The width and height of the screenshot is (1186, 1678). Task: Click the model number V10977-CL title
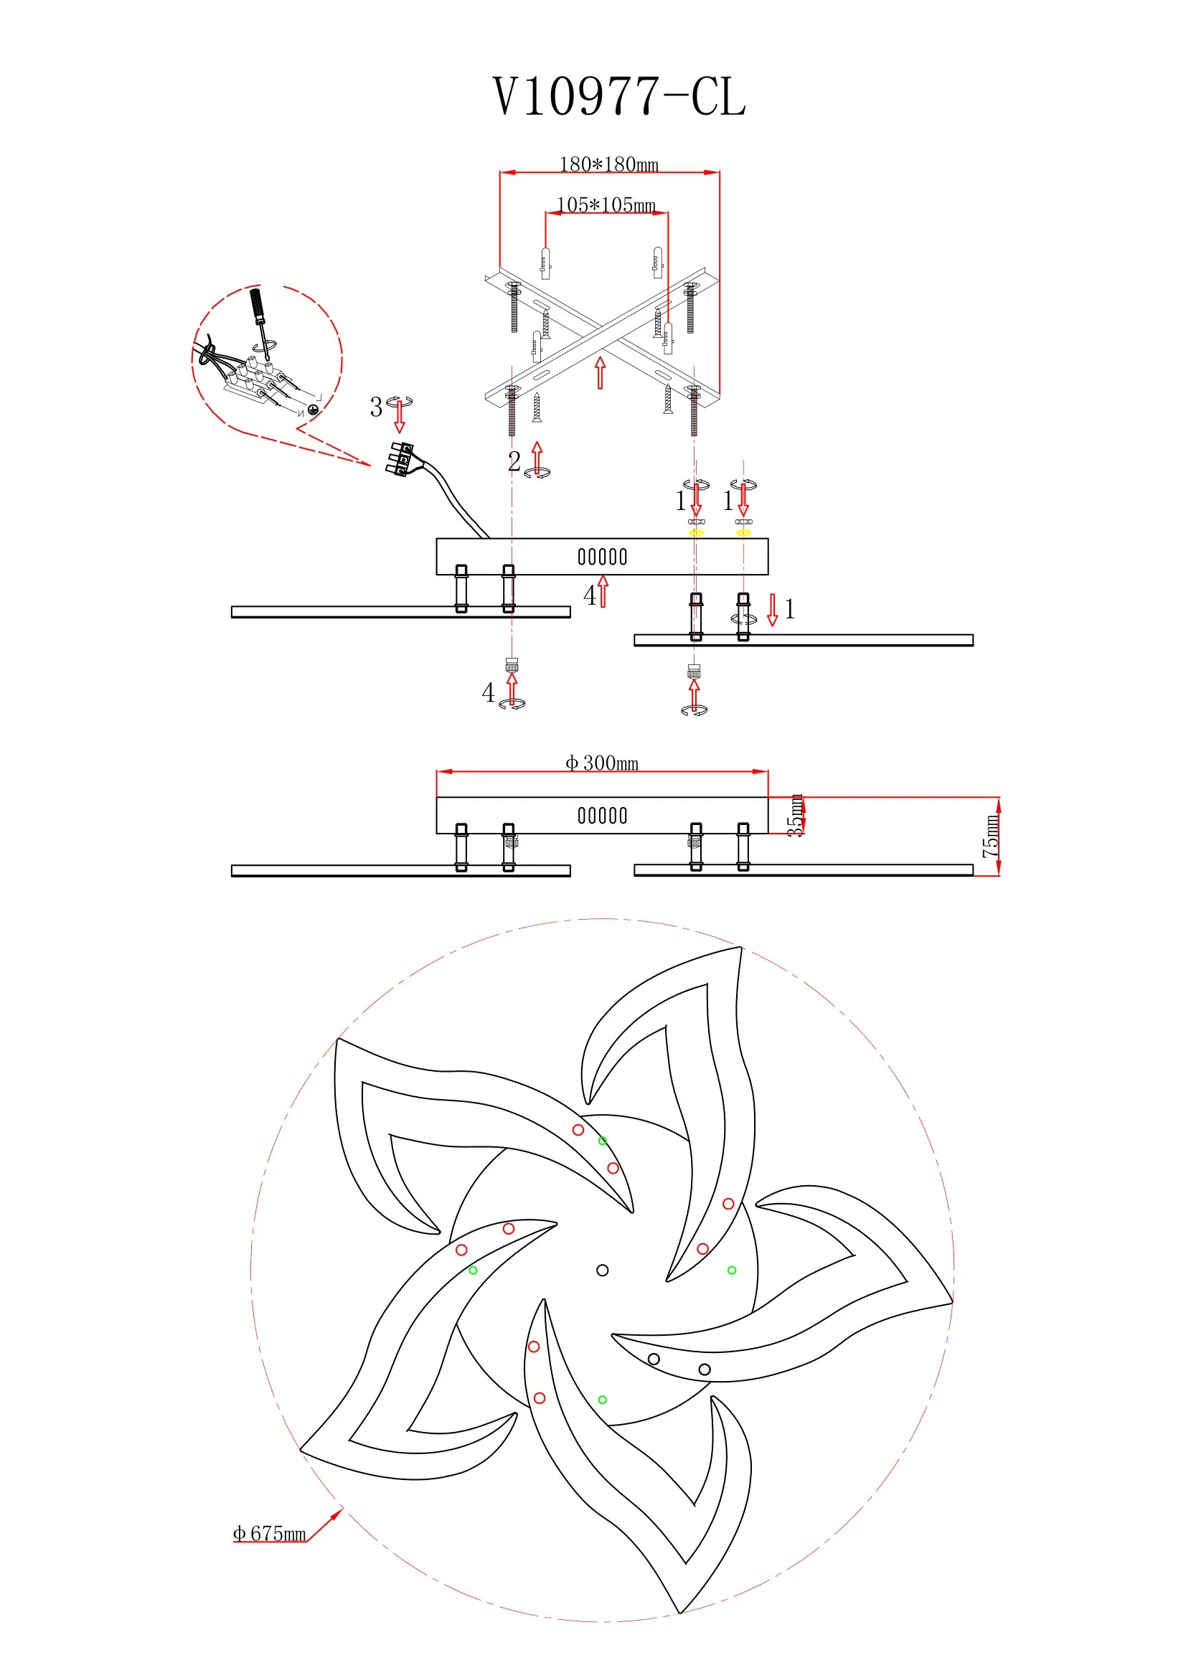point(619,96)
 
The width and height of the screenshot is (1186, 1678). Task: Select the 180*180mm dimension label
point(608,164)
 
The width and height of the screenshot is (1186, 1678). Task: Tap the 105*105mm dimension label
point(606,204)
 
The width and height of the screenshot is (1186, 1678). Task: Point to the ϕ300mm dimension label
point(602,763)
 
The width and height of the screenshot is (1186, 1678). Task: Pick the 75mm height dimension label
point(990,836)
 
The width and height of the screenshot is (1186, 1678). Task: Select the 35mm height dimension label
point(795,815)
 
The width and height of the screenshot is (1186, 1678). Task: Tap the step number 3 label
point(376,407)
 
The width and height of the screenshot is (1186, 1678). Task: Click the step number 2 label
point(514,461)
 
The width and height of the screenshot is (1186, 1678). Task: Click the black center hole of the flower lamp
point(602,1271)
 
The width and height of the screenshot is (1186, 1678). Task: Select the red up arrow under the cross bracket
point(600,373)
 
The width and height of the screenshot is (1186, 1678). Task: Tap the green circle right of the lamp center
point(732,1271)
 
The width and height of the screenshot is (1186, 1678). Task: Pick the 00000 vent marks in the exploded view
point(602,557)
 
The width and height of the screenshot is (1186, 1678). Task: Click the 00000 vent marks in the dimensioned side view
point(602,816)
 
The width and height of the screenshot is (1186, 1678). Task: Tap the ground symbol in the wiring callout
point(314,410)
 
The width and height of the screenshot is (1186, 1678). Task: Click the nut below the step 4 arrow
point(512,664)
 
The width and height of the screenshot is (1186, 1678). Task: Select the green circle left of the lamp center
point(473,1271)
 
